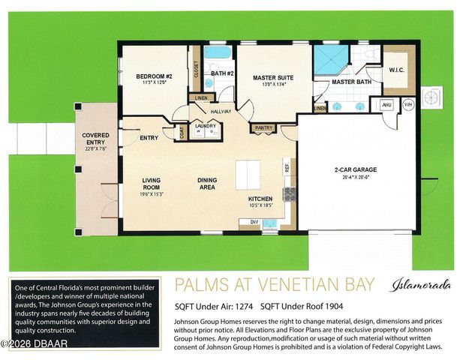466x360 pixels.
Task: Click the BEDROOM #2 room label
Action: pyautogui.click(x=155, y=76)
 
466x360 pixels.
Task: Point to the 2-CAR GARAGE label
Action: pyautogui.click(x=356, y=169)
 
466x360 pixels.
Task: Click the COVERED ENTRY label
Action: pyautogui.click(x=95, y=139)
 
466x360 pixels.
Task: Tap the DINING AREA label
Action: pyautogui.click(x=208, y=184)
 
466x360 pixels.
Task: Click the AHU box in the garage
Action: pyautogui.click(x=388, y=106)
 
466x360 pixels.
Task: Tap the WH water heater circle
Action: pyautogui.click(x=409, y=105)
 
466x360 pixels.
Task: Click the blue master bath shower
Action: pyautogui.click(x=329, y=61)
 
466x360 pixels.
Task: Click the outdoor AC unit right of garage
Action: pyautogui.click(x=434, y=97)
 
